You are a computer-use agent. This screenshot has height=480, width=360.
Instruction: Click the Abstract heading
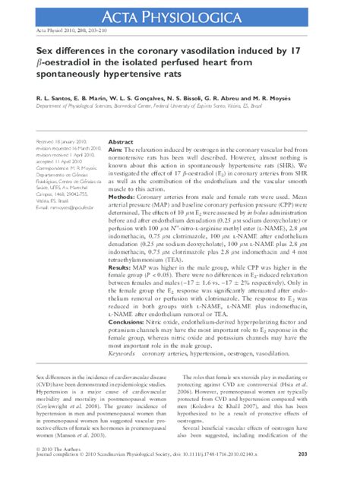(122, 143)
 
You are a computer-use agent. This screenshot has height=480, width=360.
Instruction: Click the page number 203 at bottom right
(344, 454)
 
